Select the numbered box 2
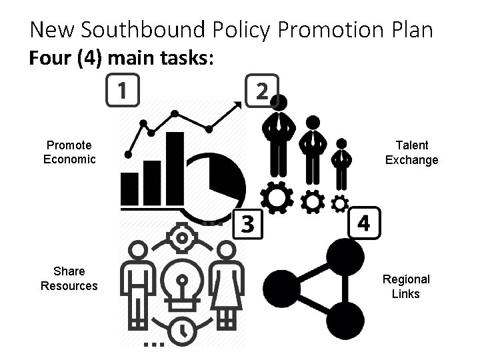tap(261, 91)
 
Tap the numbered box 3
tap(247, 223)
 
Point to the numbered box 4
tap(364, 221)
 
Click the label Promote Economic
tap(69, 152)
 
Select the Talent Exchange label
tap(411, 152)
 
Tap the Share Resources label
tap(69, 279)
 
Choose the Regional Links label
tap(406, 286)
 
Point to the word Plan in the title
tap(411, 30)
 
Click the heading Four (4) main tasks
tap(121, 59)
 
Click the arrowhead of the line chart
tap(237, 104)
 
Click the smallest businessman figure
tap(341, 164)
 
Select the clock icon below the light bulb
tap(181, 329)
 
